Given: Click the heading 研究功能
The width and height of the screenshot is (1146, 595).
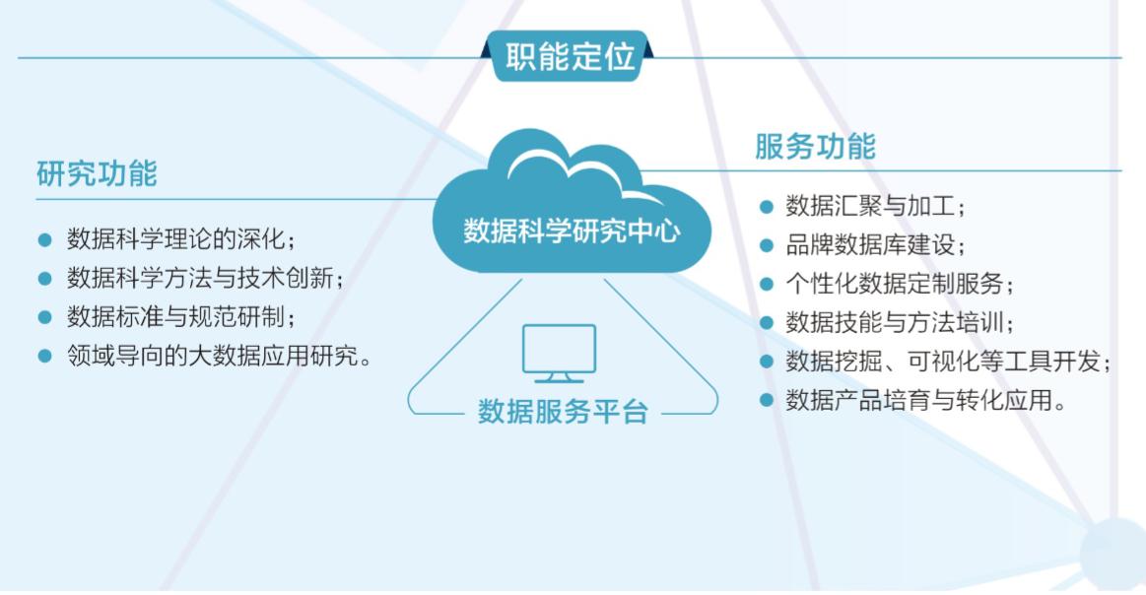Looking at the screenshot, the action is [98, 174].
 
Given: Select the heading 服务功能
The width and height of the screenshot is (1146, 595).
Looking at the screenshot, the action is [815, 146].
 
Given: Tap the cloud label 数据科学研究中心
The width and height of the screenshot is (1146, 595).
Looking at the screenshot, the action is [573, 231].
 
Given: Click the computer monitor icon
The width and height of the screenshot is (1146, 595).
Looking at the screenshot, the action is [559, 354].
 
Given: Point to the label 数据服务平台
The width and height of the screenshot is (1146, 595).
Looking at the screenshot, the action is [563, 412].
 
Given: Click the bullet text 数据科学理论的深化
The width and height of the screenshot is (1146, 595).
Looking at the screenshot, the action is [180, 239].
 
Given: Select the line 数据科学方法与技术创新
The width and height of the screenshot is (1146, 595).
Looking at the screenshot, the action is [205, 278].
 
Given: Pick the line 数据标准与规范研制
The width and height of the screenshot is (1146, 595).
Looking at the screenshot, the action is [180, 316].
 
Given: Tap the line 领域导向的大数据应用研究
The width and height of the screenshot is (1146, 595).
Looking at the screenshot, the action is [220, 356].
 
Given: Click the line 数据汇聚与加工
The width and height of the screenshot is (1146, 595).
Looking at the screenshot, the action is [875, 206].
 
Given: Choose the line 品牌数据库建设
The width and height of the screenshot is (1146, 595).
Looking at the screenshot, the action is [875, 245].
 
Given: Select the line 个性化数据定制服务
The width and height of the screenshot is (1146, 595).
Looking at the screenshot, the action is [899, 284].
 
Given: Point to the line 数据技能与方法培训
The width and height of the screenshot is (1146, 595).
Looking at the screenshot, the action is [899, 322].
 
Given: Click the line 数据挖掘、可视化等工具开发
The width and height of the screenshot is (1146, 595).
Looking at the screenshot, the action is [948, 362].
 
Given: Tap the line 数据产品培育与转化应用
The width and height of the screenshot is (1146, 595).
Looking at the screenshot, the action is [925, 400].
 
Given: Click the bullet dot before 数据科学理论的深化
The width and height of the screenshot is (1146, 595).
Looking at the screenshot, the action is [44, 239].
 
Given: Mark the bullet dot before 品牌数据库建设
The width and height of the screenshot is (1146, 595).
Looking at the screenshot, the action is [766, 245].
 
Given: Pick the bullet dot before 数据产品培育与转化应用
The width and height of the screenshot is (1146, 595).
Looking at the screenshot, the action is [766, 400].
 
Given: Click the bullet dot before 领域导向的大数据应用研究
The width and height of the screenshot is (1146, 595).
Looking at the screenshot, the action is [44, 356].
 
